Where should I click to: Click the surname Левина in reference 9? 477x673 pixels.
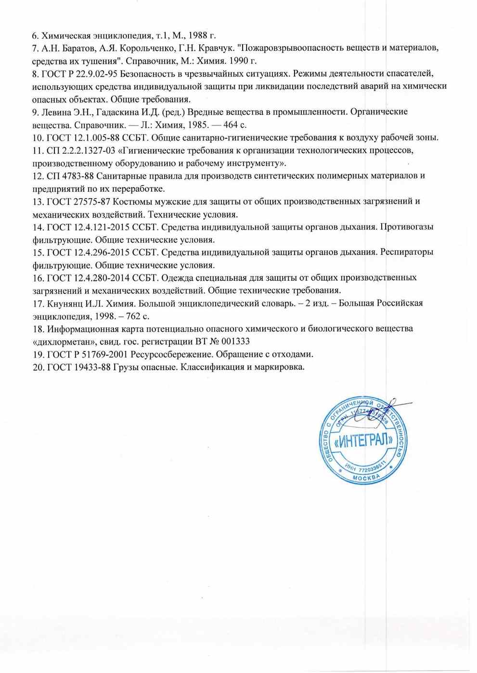pos(56,112)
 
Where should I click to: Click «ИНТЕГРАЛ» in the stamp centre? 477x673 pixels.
pos(363,440)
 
